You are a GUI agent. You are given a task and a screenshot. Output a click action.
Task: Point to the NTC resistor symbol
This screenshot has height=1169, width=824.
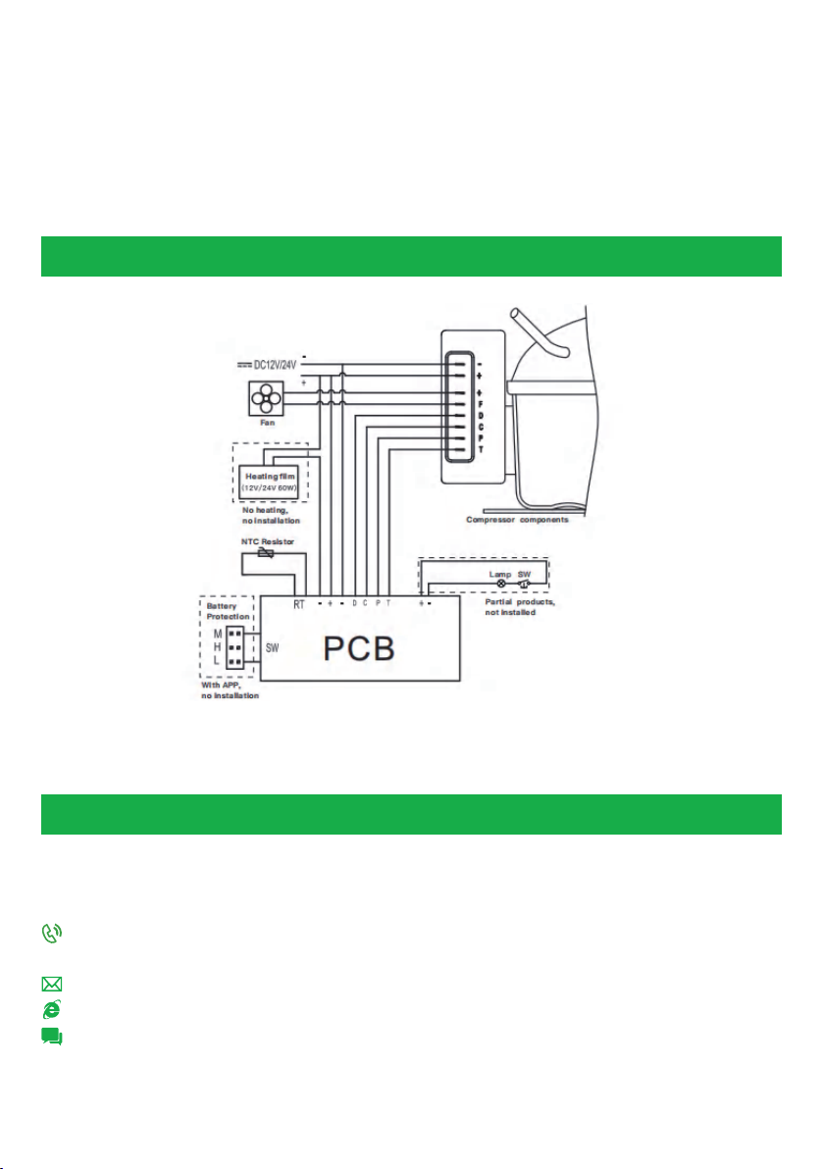(265, 553)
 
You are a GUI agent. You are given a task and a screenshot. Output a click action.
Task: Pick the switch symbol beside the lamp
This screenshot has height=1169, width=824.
(524, 583)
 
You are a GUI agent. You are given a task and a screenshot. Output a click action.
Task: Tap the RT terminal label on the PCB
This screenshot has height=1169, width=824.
(299, 605)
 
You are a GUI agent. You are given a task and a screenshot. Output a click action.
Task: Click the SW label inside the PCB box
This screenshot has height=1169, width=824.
(273, 648)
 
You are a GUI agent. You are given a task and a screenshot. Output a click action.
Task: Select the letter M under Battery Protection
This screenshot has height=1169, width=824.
(218, 634)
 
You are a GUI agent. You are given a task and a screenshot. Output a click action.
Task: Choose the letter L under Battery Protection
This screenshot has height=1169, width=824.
(218, 663)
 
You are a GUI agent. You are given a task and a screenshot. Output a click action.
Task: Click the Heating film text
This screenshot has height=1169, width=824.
(270, 477)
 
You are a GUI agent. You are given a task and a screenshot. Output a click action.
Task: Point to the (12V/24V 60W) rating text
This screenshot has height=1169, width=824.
(270, 488)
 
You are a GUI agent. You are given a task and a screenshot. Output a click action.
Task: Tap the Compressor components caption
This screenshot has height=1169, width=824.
(517, 521)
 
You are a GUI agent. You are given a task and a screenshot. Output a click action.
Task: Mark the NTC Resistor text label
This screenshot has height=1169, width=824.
(268, 541)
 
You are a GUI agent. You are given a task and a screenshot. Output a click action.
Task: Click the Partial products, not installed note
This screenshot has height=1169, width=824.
(520, 607)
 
